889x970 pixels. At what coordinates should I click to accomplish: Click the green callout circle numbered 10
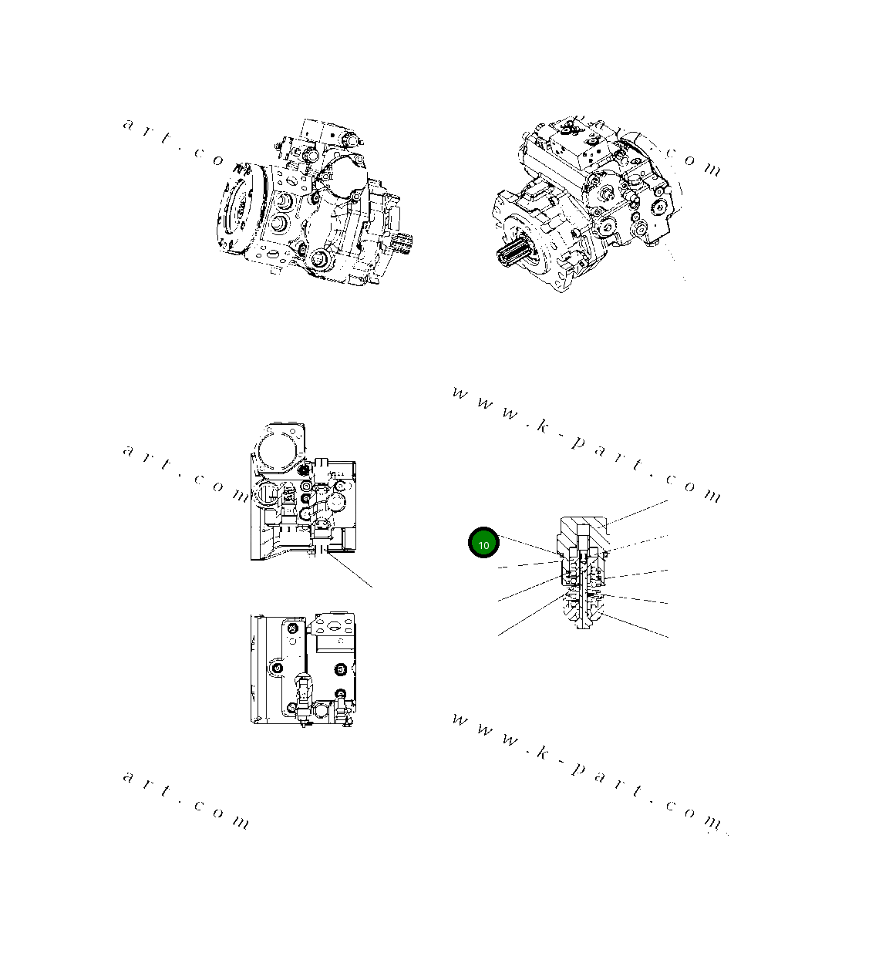483,544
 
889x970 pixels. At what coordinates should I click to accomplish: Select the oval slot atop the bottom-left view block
332,622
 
